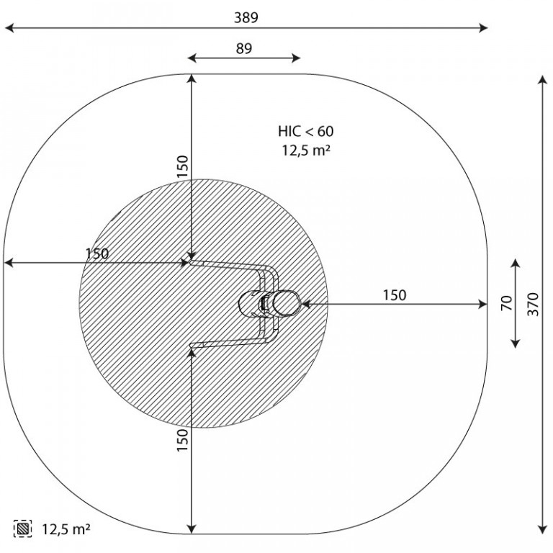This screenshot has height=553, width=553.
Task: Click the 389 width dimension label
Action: pyautogui.click(x=246, y=17)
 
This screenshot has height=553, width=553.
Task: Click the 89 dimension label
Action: pyautogui.click(x=243, y=48)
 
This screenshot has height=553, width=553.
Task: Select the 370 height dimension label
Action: pyautogui.click(x=534, y=304)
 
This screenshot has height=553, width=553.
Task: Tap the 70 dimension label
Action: pyautogui.click(x=506, y=303)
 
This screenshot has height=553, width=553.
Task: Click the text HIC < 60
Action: pyautogui.click(x=305, y=131)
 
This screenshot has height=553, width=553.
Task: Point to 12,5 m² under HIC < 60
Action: pyautogui.click(x=306, y=150)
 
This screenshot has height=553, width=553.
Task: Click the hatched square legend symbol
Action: pyautogui.click(x=22, y=529)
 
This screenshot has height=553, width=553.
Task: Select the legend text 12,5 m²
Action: pyautogui.click(x=66, y=529)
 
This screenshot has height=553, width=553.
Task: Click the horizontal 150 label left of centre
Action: pyautogui.click(x=97, y=253)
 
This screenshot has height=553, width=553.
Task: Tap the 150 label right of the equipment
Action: pyautogui.click(x=395, y=295)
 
